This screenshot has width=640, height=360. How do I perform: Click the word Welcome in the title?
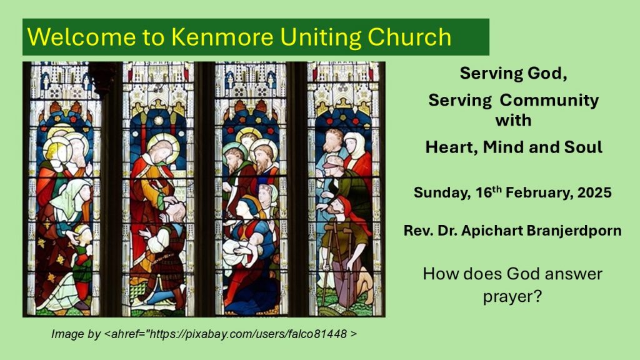81,37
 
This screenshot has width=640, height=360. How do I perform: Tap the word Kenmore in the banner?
222,37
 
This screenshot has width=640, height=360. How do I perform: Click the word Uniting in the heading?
321,37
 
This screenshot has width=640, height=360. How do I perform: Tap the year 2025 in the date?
594,192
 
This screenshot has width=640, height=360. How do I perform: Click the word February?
537,193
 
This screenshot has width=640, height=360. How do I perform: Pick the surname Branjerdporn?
574,231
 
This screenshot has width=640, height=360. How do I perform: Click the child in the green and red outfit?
82,261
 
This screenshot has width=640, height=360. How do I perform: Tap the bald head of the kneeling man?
176,211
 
